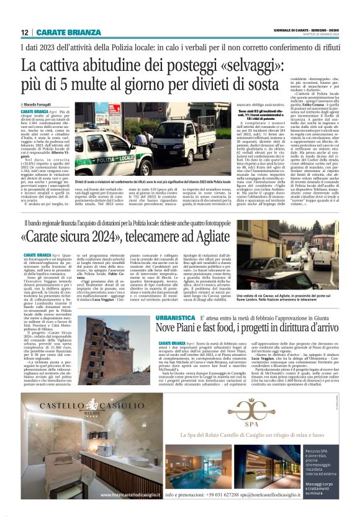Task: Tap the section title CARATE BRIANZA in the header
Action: (61, 32)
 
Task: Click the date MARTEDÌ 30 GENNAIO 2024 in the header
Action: (316, 35)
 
